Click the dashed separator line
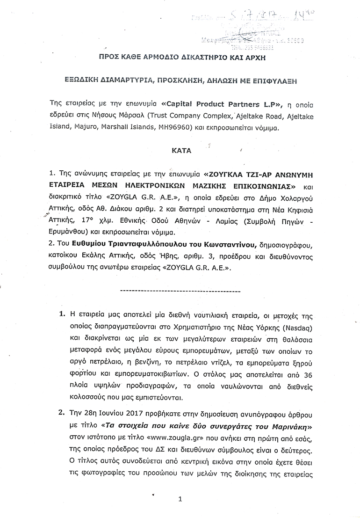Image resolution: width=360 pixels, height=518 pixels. (180, 291)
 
